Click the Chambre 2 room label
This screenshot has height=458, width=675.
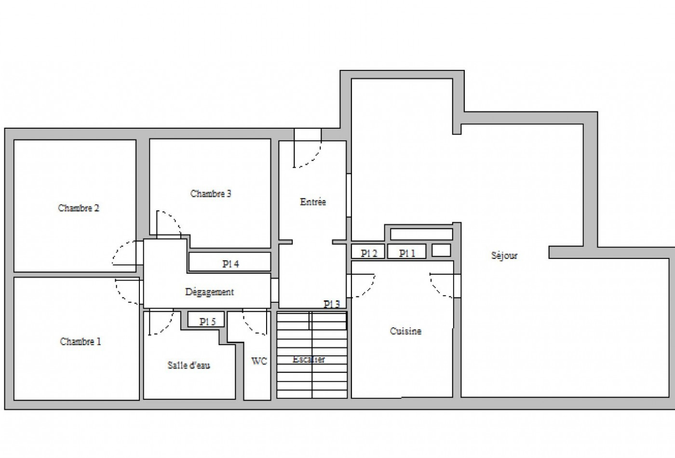click(79, 208)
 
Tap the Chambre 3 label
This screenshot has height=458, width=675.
click(211, 193)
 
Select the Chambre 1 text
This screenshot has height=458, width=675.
click(81, 341)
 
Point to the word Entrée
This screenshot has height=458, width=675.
click(313, 202)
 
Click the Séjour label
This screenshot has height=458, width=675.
click(504, 256)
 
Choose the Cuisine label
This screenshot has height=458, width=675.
click(405, 331)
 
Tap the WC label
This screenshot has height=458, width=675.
click(259, 361)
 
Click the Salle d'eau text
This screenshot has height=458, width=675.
click(189, 365)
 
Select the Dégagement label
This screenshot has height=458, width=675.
click(209, 292)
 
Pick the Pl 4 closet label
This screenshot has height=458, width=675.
click(230, 264)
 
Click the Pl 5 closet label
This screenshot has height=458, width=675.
click(208, 322)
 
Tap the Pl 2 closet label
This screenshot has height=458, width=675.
click(369, 254)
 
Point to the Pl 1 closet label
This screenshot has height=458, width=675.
click(407, 254)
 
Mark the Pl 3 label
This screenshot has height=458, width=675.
click(332, 304)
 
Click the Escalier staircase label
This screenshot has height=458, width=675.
click(309, 359)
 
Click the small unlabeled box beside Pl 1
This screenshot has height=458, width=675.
click(441, 250)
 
